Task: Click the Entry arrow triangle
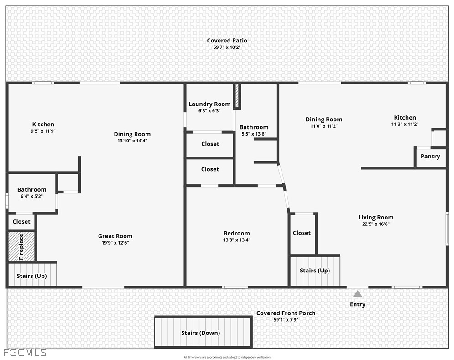[358, 294]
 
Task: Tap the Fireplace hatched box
[21, 246]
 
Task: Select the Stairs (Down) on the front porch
[203, 332]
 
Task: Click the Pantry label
[430, 157]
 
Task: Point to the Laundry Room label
[209, 104]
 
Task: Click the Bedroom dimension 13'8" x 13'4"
[236, 240]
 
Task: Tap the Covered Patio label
[227, 41]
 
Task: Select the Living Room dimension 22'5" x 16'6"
[376, 224]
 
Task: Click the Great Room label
[115, 236]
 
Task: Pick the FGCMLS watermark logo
[25, 352]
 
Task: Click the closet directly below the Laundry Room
[210, 144]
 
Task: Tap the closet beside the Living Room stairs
[302, 234]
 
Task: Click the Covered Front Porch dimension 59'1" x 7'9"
[286, 320]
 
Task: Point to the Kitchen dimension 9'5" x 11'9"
[43, 131]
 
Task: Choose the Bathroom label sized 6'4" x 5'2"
[32, 190]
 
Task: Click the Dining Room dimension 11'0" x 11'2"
[324, 126]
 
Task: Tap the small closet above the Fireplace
[21, 222]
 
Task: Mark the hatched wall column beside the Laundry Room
[237, 96]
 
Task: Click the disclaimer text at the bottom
[227, 357]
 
